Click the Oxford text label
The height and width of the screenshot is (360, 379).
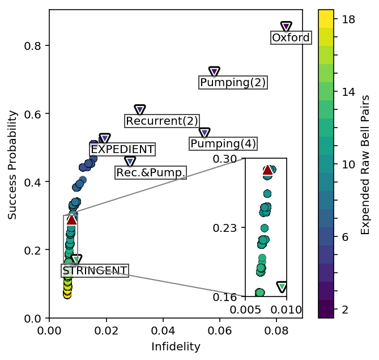pyautogui.click(x=291, y=38)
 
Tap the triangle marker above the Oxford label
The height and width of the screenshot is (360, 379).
pyautogui.click(x=286, y=27)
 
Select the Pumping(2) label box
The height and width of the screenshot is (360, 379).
pyautogui.click(x=233, y=82)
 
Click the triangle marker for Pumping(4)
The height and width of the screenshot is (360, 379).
pyautogui.click(x=205, y=133)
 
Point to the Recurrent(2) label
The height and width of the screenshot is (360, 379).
pyautogui.click(x=162, y=121)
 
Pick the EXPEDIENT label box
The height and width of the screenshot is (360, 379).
pyautogui.click(x=122, y=149)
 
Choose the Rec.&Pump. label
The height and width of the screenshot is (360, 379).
pyautogui.click(x=151, y=172)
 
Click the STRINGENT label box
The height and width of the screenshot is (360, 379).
pyautogui.click(x=95, y=270)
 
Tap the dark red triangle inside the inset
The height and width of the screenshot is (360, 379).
pyautogui.click(x=267, y=170)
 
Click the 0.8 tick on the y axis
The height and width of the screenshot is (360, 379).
pyautogui.click(x=35, y=45)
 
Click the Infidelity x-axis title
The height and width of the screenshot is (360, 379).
pyautogui.click(x=176, y=346)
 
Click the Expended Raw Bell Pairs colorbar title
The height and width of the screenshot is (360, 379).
pyautogui.click(x=366, y=164)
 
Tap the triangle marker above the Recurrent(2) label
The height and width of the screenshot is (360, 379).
pyautogui.click(x=140, y=109)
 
